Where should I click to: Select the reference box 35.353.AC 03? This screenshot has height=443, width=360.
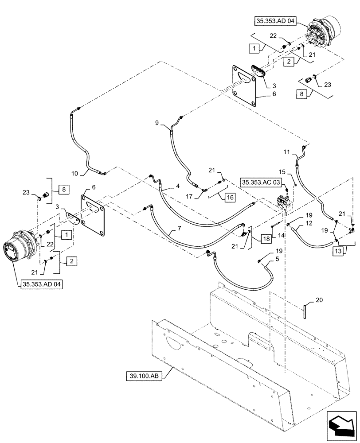click(x=262, y=183)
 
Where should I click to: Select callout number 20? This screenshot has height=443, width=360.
click(x=319, y=300)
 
